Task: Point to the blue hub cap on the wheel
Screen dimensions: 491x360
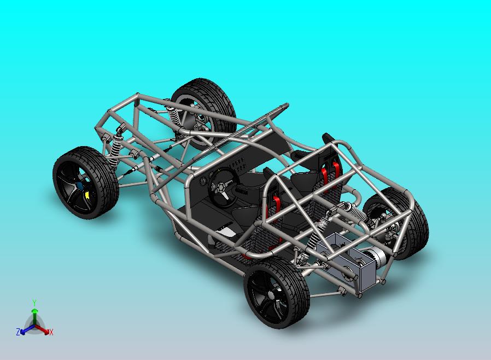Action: [x=80, y=186]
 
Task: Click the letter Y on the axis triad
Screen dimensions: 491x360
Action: [x=34, y=303]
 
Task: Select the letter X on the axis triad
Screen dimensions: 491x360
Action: [x=51, y=332]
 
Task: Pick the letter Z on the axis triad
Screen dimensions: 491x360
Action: [x=18, y=332]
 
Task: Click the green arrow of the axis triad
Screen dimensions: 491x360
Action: [x=34, y=316]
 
